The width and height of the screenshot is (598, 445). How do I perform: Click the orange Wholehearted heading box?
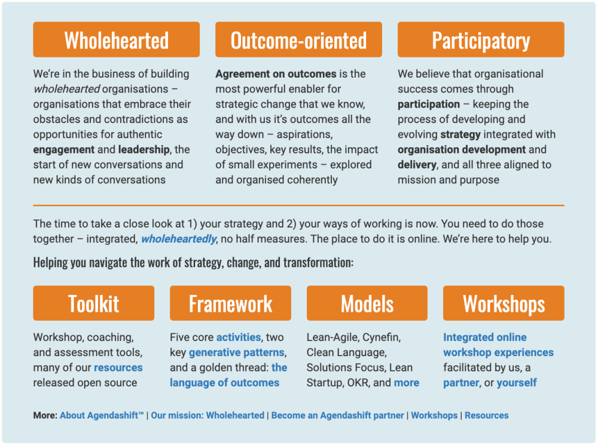[117, 39]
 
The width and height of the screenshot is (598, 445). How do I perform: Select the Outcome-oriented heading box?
[298, 39]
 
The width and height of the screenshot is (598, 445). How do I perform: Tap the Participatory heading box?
[481, 39]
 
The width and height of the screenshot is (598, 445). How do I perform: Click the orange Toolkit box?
[94, 303]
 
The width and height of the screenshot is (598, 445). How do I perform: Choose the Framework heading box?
[230, 303]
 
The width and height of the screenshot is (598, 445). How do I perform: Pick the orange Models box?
[367, 303]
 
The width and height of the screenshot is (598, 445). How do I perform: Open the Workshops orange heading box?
[504, 303]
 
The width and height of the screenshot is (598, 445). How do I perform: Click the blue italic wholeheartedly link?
[179, 239]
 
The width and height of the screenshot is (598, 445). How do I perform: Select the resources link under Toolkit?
[118, 367]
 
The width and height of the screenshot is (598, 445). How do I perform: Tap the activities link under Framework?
[239, 337]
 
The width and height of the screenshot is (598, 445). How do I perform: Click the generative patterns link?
[237, 352]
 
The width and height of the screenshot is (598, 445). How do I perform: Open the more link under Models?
[407, 382]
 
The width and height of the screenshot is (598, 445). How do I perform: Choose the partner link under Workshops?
[461, 382]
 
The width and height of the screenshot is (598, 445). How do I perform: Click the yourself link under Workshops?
[517, 382]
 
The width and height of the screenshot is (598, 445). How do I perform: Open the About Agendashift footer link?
[102, 415]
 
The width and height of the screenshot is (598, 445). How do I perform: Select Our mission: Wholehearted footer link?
[208, 415]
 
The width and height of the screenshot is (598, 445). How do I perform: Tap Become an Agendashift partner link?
[337, 415]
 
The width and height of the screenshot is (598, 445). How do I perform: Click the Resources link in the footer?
[487, 415]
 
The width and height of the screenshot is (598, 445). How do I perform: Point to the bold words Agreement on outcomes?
[276, 73]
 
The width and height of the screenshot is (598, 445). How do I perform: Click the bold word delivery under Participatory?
[417, 165]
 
